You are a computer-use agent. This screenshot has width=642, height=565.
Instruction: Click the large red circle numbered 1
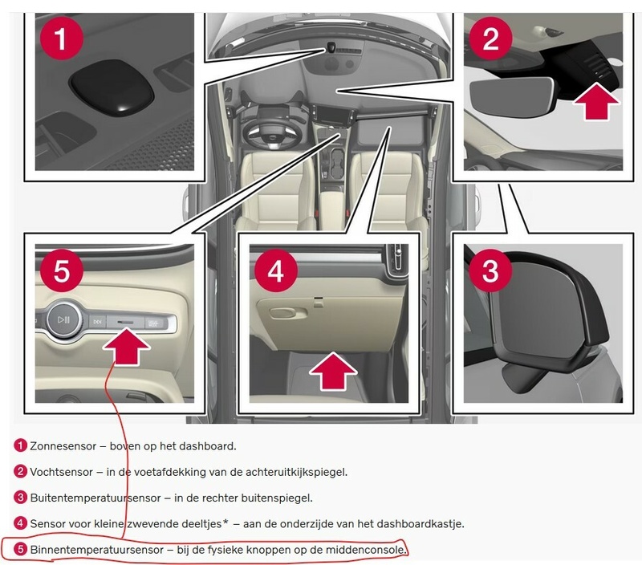[62, 38]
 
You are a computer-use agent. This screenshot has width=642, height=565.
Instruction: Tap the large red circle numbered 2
[490, 38]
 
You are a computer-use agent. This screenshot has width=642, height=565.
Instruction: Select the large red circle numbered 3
[490, 270]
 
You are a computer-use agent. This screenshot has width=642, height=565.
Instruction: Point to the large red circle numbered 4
[276, 270]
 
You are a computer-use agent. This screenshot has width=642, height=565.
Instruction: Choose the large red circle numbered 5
[62, 270]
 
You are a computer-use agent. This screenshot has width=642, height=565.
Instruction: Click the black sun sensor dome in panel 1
[112, 87]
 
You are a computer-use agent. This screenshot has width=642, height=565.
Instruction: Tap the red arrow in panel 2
[596, 101]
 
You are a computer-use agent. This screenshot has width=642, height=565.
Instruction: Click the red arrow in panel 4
[333, 371]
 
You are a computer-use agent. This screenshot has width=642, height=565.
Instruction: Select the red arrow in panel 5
[126, 347]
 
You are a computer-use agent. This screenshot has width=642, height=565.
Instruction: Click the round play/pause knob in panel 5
[64, 319]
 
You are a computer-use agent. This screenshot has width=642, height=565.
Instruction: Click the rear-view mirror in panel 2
[512, 96]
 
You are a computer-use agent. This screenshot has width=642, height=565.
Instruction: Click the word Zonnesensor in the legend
[63, 446]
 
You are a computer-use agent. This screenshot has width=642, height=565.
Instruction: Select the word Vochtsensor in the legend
[62, 472]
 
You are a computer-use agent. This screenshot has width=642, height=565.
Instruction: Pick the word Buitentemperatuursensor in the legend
[95, 498]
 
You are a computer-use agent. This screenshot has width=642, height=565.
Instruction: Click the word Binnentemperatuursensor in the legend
[97, 550]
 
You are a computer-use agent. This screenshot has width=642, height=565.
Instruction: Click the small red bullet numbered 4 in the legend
[20, 523]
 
